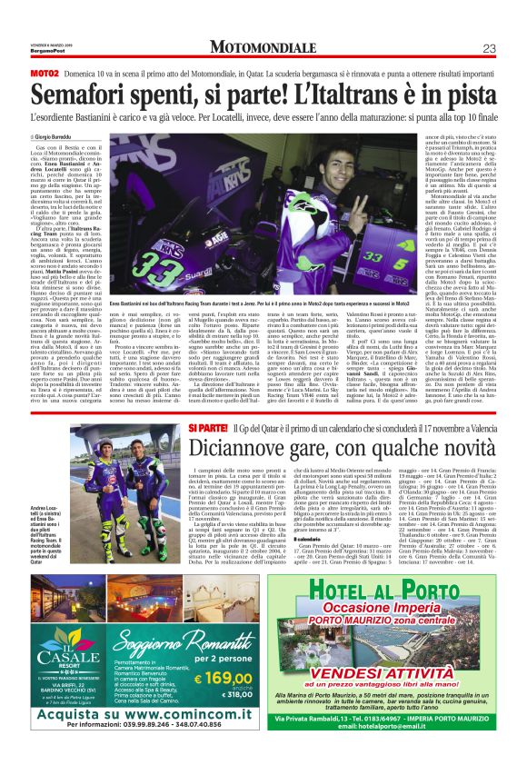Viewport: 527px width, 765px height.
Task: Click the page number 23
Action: [x=487, y=47]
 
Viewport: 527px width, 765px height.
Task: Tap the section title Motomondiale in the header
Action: [x=263, y=47]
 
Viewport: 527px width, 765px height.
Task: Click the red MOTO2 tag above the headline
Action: [x=45, y=72]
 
